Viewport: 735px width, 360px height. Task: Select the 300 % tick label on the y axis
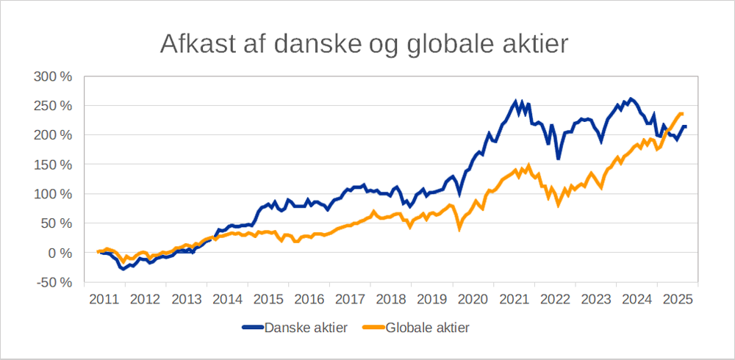(54, 76)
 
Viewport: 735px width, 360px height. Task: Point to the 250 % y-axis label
(54, 106)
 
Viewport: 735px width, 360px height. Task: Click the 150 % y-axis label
(54, 165)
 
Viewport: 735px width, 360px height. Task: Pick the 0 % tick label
(60, 253)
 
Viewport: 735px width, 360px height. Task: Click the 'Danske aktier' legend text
(306, 327)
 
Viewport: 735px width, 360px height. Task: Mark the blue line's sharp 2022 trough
(559, 158)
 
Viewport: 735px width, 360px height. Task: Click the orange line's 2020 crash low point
(459, 229)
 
